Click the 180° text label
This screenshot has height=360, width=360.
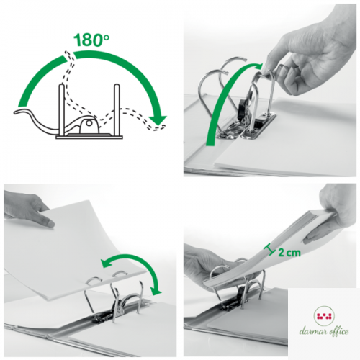[91, 40]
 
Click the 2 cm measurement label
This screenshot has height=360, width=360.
[289, 253]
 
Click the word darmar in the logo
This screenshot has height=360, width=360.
[312, 331]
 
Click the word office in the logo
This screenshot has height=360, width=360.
[338, 331]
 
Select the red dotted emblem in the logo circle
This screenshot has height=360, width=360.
[324, 315]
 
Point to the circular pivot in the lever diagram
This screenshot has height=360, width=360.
[89, 124]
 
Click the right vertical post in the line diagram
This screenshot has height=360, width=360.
[117, 110]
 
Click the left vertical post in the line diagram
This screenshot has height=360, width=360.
[62, 110]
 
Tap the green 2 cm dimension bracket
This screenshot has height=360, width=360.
[269, 250]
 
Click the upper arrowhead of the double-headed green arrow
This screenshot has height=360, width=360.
[107, 264]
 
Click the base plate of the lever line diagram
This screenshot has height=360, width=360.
[89, 138]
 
